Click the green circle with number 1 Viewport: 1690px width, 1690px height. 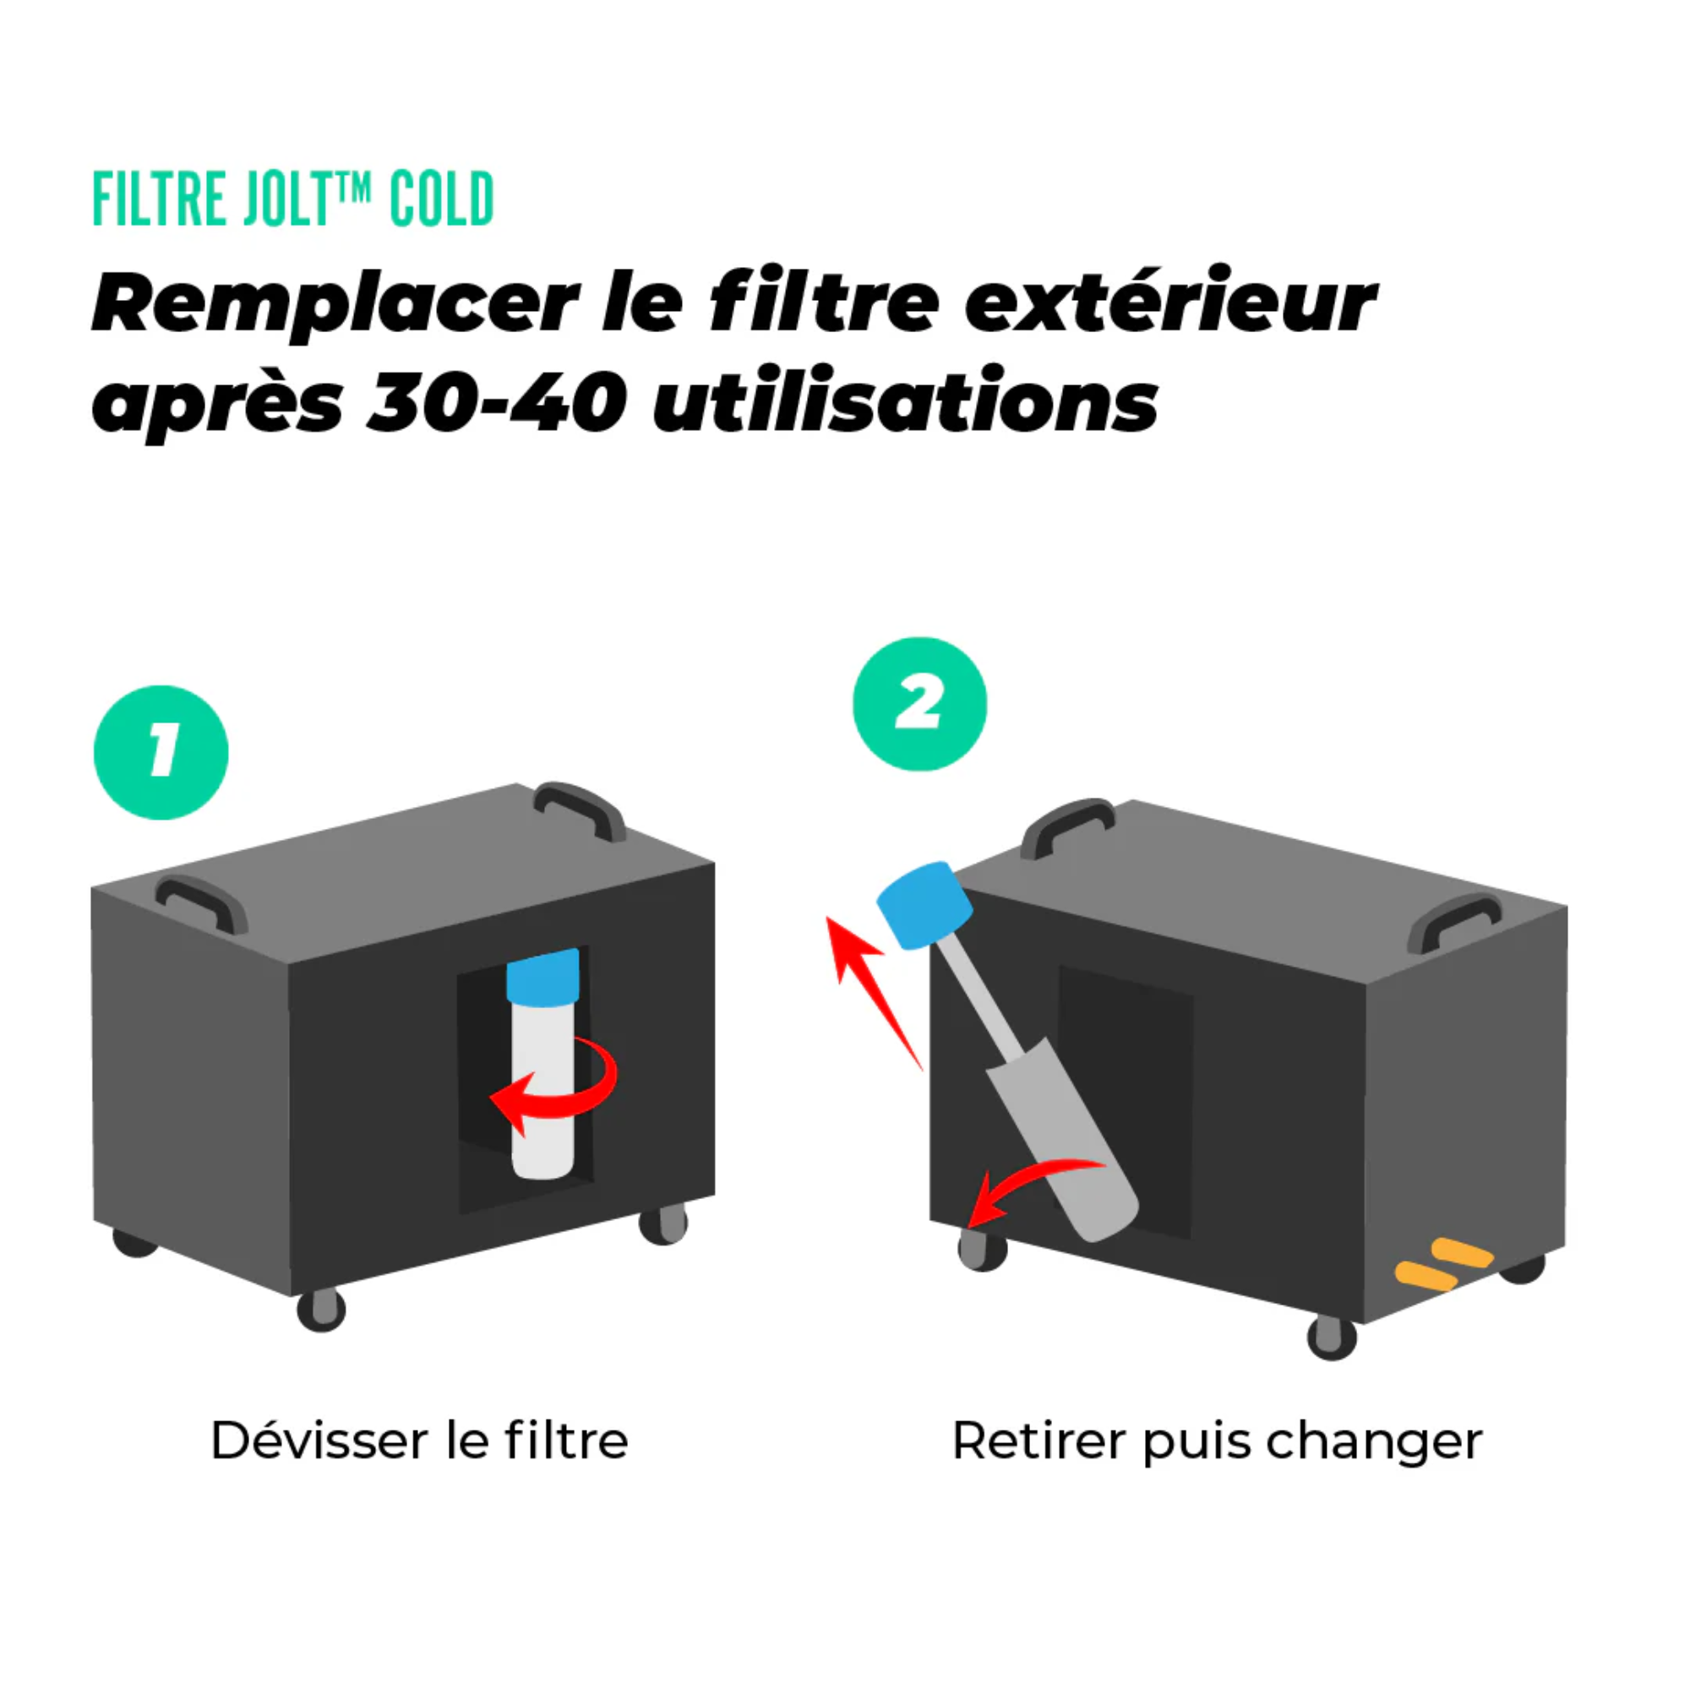click(x=161, y=752)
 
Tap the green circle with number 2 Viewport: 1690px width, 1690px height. click(x=919, y=704)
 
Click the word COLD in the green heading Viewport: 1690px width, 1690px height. click(x=441, y=199)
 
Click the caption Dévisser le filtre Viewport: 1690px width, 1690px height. click(x=419, y=1441)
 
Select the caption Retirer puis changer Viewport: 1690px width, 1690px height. click(x=1217, y=1441)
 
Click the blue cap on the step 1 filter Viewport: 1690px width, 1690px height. click(x=543, y=975)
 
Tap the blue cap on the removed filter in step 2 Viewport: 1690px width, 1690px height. click(x=924, y=904)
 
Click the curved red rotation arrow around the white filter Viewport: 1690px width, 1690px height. click(x=560, y=1085)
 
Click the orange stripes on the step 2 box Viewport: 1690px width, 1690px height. click(x=1442, y=1264)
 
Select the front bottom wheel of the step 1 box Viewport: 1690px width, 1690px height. click(x=321, y=1310)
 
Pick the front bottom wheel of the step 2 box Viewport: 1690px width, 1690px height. click(x=1332, y=1337)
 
